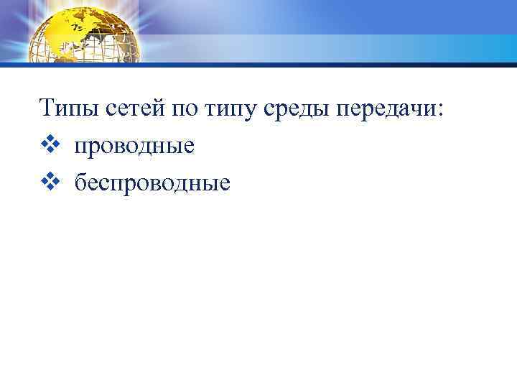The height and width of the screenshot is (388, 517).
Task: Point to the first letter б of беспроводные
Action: [79, 183]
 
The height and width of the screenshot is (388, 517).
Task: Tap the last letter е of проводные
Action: [190, 147]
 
